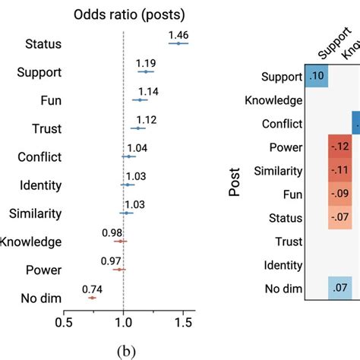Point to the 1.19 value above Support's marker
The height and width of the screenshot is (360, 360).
click(x=145, y=62)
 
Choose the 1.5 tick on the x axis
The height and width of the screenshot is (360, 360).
click(x=183, y=322)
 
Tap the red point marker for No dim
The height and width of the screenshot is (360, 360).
click(x=92, y=298)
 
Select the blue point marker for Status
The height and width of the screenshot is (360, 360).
click(x=178, y=44)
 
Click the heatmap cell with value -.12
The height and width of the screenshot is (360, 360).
click(x=341, y=147)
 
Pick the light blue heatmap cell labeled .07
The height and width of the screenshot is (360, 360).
click(x=341, y=289)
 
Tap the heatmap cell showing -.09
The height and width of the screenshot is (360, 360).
click(x=341, y=194)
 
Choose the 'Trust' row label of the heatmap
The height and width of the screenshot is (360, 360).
click(x=286, y=242)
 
